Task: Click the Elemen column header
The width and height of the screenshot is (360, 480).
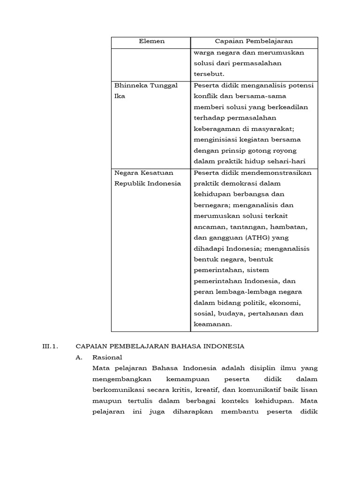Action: click(x=151, y=41)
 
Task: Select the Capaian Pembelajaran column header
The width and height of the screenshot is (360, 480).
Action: click(x=254, y=41)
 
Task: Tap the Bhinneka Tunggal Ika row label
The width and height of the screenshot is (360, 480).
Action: click(x=146, y=90)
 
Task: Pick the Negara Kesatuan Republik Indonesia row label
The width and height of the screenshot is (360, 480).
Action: click(x=148, y=178)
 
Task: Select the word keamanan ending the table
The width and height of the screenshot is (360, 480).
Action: click(x=213, y=324)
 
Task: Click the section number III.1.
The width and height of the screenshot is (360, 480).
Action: click(x=49, y=346)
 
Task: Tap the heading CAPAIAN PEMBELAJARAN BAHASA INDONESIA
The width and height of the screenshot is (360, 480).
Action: click(x=160, y=346)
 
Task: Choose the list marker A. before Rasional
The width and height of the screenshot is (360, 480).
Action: click(x=79, y=357)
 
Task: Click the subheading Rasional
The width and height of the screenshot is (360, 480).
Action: click(x=107, y=357)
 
